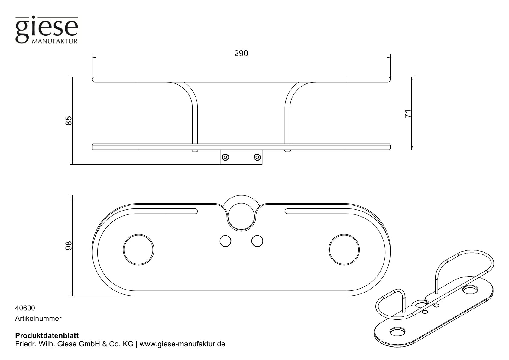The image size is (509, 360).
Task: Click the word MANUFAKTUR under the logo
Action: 55,41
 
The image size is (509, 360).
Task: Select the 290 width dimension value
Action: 241,54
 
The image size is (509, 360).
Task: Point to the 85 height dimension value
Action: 69,121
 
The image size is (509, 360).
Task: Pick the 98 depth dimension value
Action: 69,246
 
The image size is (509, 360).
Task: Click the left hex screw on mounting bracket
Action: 225,157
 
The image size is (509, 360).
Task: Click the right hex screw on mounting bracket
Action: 257,157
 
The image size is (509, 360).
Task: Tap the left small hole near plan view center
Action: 225,241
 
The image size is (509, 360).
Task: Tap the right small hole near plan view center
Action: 257,241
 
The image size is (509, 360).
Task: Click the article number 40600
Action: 25,308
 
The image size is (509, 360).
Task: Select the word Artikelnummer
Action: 38,318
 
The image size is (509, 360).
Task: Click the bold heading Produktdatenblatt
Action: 47,336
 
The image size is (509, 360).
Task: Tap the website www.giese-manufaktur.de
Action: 183,345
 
